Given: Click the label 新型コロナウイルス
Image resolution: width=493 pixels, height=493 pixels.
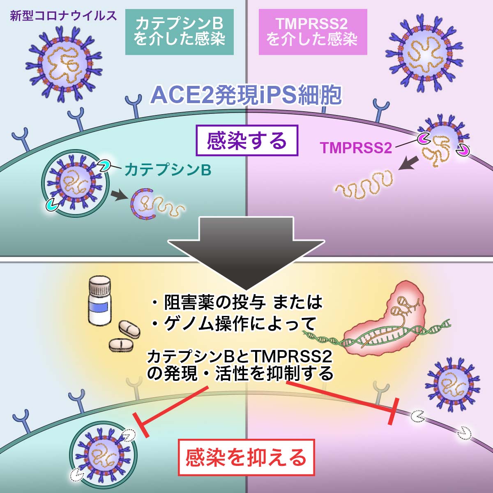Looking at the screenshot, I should click(63, 16).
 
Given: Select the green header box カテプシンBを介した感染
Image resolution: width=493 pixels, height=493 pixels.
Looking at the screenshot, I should click(179, 32).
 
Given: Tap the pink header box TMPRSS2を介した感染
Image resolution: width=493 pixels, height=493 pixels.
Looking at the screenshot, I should click(312, 32).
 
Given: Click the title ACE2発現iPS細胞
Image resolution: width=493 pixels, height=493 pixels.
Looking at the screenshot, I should click(246, 95).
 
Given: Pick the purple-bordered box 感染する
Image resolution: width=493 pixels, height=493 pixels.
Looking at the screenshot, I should click(246, 141).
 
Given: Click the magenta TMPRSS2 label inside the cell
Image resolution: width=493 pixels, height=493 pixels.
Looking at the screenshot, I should click(356, 147).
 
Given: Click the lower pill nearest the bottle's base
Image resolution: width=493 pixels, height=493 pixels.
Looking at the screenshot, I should click(121, 344).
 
